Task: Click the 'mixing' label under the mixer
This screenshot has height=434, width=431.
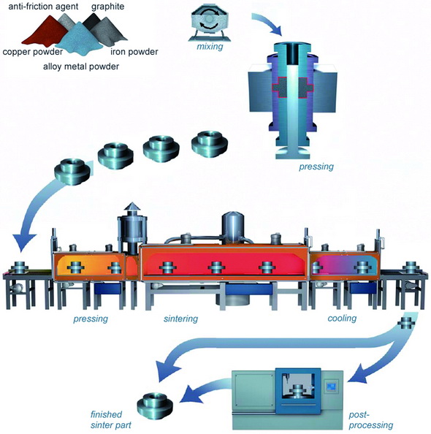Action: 210,46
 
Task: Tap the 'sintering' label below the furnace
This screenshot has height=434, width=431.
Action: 180,319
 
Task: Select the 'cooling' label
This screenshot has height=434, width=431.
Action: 342,318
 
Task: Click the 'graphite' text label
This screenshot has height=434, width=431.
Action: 107,7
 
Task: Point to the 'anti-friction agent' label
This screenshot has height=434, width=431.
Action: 43,6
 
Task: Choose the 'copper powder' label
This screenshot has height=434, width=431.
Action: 33,52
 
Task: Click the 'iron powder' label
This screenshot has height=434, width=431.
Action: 134,51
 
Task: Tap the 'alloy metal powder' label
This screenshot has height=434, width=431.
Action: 81,66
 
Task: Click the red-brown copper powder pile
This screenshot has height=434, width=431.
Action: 45,32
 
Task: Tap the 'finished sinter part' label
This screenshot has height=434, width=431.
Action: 110,419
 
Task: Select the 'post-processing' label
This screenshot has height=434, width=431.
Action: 370,420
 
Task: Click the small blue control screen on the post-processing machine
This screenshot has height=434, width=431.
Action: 332,387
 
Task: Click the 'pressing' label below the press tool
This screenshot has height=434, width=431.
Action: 316,167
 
